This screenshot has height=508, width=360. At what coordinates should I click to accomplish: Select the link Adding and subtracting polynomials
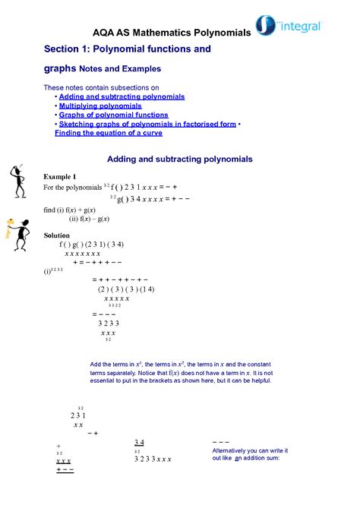(x=122, y=97)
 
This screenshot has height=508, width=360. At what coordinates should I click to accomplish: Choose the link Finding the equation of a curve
(x=109, y=132)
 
